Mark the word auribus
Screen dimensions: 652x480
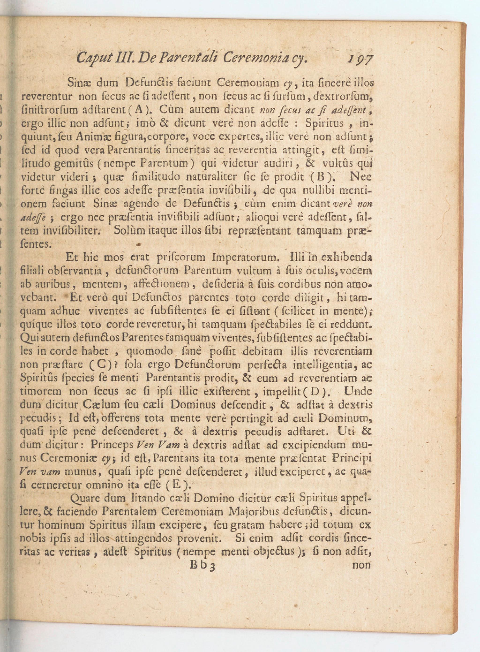[56, 284]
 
